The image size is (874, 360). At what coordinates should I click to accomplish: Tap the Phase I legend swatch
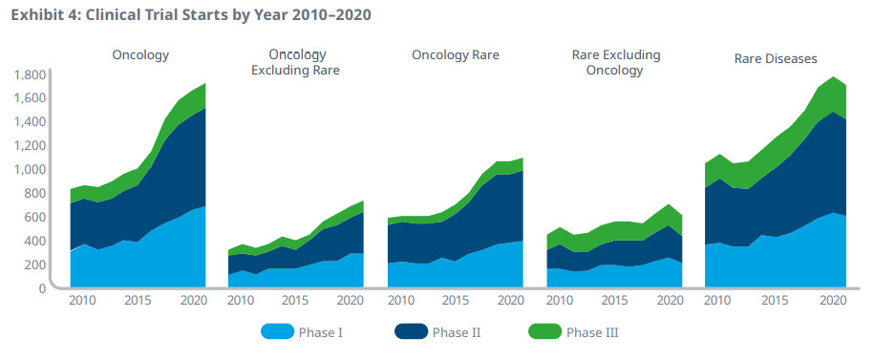(277, 332)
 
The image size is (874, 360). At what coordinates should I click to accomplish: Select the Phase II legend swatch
(411, 332)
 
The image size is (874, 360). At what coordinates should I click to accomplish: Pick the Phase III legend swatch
(544, 332)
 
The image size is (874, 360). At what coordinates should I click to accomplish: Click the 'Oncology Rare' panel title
(456, 55)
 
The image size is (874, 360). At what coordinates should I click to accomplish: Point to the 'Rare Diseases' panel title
(776, 58)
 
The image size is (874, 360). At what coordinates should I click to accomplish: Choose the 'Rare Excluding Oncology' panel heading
(616, 62)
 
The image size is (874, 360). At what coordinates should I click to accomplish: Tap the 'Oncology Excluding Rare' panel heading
(295, 62)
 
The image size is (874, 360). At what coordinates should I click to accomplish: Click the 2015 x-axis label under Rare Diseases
(775, 300)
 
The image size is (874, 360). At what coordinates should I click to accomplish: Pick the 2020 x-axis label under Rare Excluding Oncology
(670, 300)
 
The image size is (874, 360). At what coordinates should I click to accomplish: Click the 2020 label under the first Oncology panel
(193, 300)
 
